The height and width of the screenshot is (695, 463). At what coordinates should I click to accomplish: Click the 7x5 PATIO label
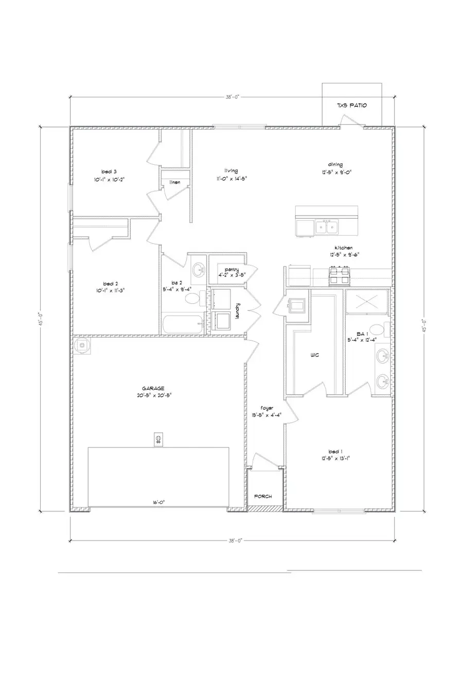[x=352, y=106]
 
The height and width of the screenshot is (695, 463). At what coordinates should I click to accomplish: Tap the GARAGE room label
[x=153, y=388]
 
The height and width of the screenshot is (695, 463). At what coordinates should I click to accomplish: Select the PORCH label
[x=263, y=497]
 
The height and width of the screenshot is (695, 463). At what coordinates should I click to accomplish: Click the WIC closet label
[x=315, y=355]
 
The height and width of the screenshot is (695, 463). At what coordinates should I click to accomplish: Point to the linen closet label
[x=175, y=182]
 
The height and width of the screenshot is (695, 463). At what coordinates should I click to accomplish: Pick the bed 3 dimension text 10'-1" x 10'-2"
[x=110, y=180]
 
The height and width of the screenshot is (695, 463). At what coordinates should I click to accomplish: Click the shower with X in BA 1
[x=367, y=302]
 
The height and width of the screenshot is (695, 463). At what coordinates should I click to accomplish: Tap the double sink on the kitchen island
[x=327, y=227]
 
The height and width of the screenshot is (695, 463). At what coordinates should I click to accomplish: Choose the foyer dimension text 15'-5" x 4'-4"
[x=263, y=414]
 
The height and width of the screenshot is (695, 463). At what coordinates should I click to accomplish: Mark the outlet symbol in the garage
[x=158, y=439]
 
